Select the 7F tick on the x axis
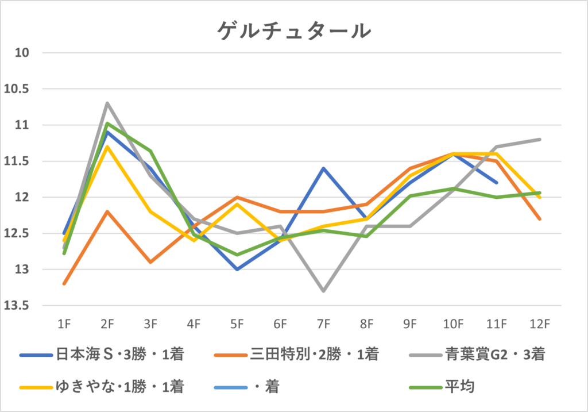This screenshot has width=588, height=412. point(324,324)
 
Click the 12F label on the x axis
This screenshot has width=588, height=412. point(540,324)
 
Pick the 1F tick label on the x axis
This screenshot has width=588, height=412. point(64,324)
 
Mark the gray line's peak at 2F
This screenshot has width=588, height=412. point(107,103)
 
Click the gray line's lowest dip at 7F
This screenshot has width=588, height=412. point(324,291)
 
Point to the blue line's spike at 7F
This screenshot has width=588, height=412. point(324,168)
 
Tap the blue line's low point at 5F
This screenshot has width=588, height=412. point(237,269)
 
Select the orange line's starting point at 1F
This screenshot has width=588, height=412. point(64,283)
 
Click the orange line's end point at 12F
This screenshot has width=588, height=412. point(540,219)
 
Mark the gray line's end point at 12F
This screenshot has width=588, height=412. point(540,140)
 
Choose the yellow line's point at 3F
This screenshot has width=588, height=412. point(150,211)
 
